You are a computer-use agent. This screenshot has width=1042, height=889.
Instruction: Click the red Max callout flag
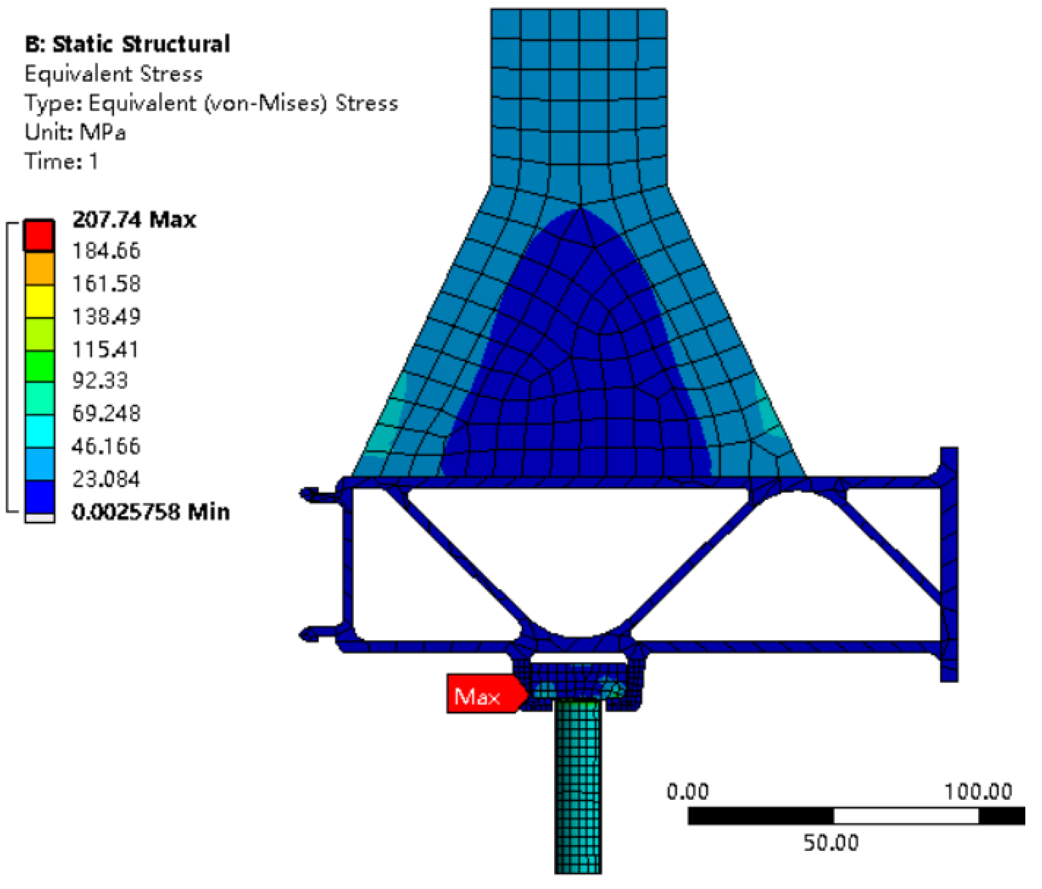click(482, 694)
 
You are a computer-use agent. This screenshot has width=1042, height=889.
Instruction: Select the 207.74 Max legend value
click(134, 220)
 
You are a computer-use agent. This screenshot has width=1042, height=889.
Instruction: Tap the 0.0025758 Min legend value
click(151, 512)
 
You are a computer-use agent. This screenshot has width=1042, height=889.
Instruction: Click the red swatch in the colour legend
click(39, 235)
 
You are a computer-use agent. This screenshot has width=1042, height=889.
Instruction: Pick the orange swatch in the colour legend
click(39, 268)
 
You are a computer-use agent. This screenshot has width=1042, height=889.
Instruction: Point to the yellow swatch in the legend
click(39, 301)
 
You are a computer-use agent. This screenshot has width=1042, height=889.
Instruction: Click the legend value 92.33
click(100, 380)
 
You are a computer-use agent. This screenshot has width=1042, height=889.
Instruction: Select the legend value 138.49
click(106, 316)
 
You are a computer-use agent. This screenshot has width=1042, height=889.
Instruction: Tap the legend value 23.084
click(106, 479)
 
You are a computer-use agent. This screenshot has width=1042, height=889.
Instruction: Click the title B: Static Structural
click(128, 44)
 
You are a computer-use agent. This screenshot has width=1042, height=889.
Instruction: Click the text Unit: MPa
click(75, 132)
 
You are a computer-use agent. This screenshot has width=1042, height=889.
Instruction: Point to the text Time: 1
click(62, 161)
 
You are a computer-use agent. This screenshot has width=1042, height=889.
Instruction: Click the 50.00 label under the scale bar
click(830, 842)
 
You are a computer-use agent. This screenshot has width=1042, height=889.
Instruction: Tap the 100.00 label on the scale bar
click(978, 792)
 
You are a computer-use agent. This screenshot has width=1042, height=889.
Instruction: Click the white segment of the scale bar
click(906, 815)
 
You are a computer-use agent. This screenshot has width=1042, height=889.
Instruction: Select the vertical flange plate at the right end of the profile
click(949, 564)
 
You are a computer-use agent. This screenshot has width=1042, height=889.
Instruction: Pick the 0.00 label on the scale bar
click(688, 792)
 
